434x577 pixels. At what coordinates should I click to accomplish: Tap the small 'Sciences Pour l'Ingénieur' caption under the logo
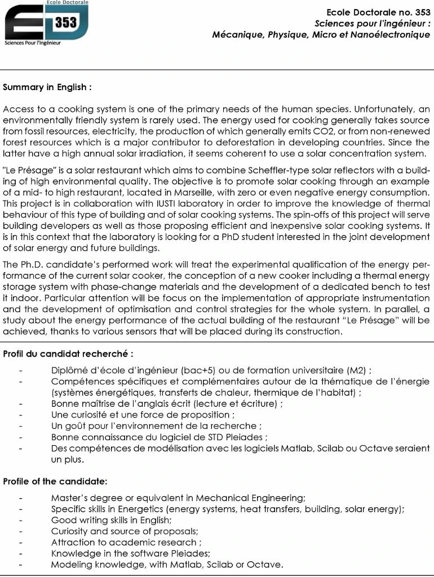[x=33, y=43]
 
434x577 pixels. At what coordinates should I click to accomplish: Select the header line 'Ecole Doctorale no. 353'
[x=378, y=12]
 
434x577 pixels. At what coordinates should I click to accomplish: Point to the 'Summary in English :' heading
[x=47, y=87]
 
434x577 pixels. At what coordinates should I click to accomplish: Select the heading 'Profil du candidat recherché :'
[x=68, y=354]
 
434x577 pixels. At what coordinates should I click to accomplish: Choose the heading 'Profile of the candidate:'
[x=55, y=481]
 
